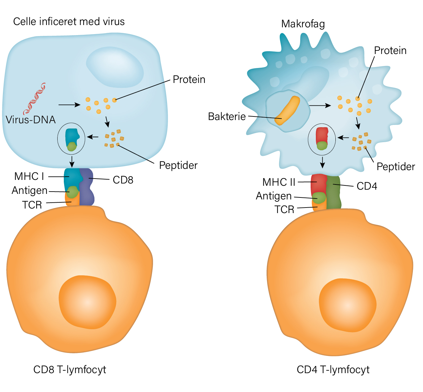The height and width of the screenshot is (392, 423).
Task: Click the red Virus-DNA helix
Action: pos(35,99)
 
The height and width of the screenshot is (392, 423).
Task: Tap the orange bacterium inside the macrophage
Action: pos(287,110)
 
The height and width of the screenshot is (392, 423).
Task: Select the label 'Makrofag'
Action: pos(303,24)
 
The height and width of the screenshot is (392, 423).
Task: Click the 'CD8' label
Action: pos(123,180)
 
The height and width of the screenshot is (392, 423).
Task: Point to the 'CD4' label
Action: pos(367,186)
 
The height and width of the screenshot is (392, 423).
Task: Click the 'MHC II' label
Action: pos(279,182)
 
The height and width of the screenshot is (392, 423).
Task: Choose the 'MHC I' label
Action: pos(29,176)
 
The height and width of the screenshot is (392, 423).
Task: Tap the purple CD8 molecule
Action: pos(87,187)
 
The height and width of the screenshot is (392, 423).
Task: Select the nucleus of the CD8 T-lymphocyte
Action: pos(87,302)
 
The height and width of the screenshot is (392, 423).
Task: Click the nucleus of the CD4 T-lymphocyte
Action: pos(347,305)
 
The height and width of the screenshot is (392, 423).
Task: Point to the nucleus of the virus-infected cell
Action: pos(115,67)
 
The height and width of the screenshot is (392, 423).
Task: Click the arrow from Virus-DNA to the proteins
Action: pos(69,105)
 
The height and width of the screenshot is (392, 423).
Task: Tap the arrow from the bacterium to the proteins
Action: pos(320,105)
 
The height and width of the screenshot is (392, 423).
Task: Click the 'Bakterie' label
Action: pos(227,116)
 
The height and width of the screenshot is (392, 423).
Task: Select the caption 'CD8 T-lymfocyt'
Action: pos(70,370)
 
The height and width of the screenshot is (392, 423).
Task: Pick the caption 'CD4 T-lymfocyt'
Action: pos(333,370)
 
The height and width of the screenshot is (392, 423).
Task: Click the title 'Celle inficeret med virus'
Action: pos(69,21)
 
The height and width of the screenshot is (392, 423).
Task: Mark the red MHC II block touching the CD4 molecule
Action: pos(319,184)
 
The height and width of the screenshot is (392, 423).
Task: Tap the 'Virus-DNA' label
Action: pos(31,120)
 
